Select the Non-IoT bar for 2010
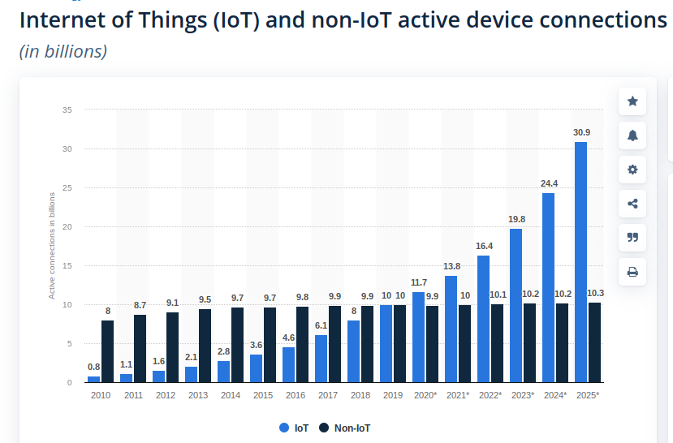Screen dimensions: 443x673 (107, 351)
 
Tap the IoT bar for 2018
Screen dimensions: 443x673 (353, 351)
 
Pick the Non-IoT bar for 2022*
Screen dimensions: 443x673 (497, 343)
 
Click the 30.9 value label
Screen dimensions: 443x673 (581, 132)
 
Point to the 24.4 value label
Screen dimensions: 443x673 (549, 183)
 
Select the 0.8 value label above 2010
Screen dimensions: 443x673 (94, 367)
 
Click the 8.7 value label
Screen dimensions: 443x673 (140, 305)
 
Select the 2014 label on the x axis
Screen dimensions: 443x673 (230, 395)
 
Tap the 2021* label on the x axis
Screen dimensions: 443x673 (457, 395)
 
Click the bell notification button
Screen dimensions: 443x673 (632, 135)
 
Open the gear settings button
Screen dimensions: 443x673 (632, 170)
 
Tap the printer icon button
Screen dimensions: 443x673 (632, 272)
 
